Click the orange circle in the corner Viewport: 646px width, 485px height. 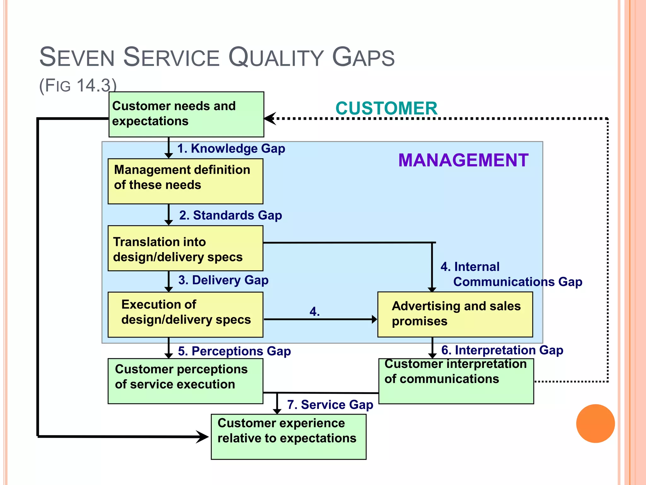(595, 423)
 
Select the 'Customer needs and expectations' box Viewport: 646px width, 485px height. (186, 114)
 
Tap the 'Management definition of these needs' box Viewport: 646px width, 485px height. (185, 181)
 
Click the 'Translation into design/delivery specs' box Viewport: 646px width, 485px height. (185, 248)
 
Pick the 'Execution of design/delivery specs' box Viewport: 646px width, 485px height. (185, 314)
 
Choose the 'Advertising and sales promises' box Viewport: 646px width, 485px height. (455, 314)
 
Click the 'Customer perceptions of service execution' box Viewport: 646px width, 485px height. (185, 381)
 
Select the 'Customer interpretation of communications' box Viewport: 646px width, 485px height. (456, 381)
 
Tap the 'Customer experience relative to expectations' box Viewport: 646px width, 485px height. (289, 436)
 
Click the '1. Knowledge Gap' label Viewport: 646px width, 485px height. (231, 148)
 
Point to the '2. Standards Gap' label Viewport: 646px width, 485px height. (231, 215)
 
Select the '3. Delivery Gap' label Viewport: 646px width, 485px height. (223, 280)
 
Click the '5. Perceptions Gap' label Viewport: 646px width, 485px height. (234, 351)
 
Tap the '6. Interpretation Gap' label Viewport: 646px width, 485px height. (502, 350)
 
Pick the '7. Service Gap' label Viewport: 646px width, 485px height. (330, 405)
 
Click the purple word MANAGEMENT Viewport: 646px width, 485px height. (463, 160)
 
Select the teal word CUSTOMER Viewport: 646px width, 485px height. (386, 108)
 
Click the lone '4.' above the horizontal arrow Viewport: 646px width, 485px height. (314, 312)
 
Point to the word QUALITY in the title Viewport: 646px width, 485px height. (276, 57)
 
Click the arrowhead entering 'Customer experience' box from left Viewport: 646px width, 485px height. (203, 437)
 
